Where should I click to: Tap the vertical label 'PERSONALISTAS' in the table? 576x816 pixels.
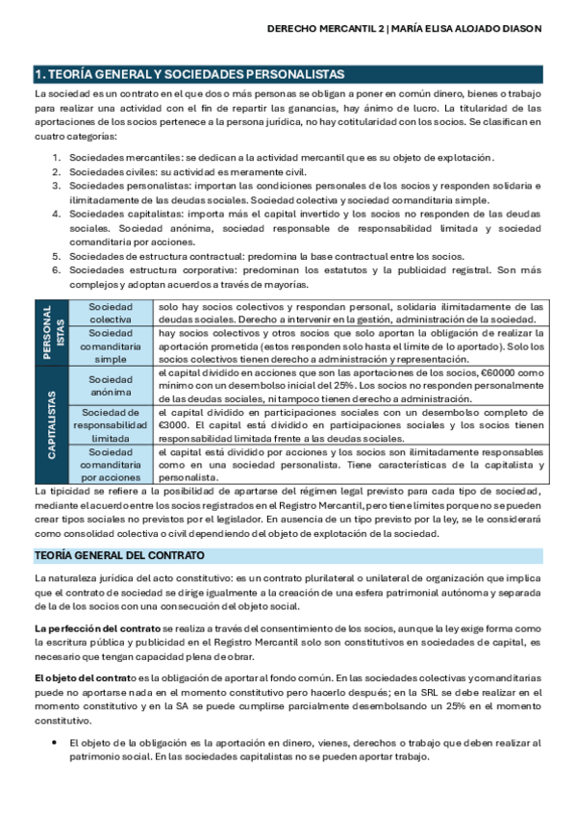click(x=48, y=330)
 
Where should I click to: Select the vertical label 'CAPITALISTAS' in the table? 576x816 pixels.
click(x=48, y=423)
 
